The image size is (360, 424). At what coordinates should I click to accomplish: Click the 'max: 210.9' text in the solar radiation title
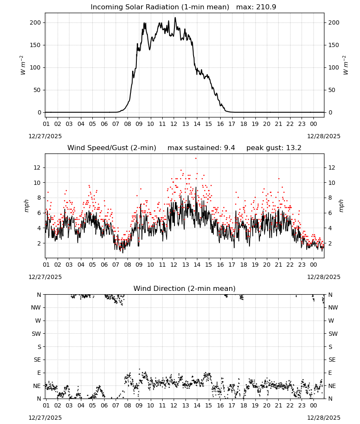[x=256, y=7]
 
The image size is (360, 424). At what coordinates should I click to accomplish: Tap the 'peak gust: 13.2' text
[x=274, y=148]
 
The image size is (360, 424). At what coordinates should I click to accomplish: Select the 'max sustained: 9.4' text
[x=201, y=148]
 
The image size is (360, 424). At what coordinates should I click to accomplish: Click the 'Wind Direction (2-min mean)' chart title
[x=185, y=288]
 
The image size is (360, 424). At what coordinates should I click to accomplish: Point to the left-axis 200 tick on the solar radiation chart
[x=36, y=23]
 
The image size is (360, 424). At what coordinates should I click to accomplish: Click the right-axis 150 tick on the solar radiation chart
[x=334, y=45]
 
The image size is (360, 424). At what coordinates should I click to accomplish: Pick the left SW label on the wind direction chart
[x=36, y=334]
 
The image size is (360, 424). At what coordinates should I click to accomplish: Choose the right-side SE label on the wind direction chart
[x=332, y=360]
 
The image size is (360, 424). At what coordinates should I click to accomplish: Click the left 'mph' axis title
[x=26, y=206]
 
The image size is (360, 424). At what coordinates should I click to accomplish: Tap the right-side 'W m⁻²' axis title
[x=346, y=65]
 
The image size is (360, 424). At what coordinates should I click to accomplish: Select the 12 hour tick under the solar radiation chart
[x=174, y=124]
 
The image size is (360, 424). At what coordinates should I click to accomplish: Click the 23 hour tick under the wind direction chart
[x=302, y=405]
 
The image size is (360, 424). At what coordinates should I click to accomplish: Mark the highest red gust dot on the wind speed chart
[x=196, y=159]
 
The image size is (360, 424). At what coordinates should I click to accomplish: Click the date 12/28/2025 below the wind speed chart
[x=324, y=277]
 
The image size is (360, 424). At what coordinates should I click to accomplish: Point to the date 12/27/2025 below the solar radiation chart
[x=45, y=136]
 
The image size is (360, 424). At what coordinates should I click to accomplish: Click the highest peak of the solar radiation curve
[x=175, y=17]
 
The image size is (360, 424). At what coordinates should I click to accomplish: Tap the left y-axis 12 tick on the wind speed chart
[x=37, y=167]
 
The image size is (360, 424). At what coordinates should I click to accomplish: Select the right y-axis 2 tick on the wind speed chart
[x=330, y=243]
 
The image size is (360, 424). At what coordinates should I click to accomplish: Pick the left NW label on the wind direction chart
[x=36, y=307]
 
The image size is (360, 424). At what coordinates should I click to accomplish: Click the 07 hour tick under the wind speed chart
[x=116, y=265]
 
